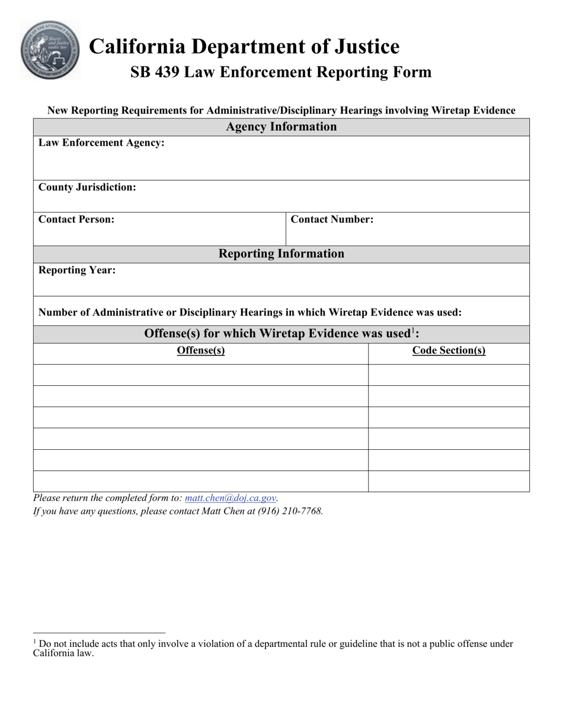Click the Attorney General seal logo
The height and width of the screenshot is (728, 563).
(x=50, y=50)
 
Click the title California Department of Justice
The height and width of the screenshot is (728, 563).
(x=244, y=46)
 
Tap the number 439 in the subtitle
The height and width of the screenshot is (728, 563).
(x=167, y=72)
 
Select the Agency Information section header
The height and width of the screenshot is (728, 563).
(x=281, y=127)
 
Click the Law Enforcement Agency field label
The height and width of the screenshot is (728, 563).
(x=101, y=143)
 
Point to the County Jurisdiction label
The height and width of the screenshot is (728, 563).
(x=87, y=187)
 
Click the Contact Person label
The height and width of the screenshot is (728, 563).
(x=76, y=219)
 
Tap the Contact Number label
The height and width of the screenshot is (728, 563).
(x=332, y=219)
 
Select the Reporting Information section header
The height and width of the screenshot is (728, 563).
(x=281, y=253)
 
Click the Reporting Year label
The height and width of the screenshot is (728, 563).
(x=77, y=270)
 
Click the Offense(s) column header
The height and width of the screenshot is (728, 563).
(x=201, y=350)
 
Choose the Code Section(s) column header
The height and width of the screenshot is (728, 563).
(x=449, y=350)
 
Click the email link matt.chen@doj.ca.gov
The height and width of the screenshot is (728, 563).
(x=231, y=498)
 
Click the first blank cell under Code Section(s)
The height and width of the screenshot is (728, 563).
(x=449, y=375)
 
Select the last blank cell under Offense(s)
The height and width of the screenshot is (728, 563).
(x=201, y=481)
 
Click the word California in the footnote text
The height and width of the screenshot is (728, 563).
(x=53, y=653)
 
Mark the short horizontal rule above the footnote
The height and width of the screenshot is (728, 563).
(x=99, y=633)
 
